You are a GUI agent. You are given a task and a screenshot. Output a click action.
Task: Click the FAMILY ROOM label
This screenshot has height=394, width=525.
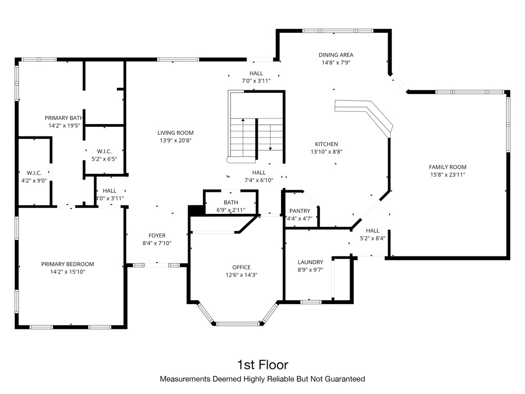(x=448, y=167)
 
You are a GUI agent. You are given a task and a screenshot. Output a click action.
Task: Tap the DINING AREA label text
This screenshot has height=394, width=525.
(x=336, y=55)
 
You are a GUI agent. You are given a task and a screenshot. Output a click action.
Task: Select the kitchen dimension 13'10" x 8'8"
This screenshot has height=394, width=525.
(x=326, y=152)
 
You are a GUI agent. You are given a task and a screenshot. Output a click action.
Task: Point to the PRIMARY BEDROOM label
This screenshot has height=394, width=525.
(x=68, y=264)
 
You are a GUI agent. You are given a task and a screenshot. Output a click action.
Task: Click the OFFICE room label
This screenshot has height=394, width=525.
(x=241, y=267)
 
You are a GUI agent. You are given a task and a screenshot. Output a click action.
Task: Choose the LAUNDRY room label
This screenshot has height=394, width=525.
(x=310, y=262)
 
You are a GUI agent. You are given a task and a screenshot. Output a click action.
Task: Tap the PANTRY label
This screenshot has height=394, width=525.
(x=300, y=211)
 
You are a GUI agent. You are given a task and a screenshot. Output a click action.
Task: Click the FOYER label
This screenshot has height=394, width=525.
(x=157, y=235)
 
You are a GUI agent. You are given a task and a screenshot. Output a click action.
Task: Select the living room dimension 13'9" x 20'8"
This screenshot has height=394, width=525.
(x=175, y=140)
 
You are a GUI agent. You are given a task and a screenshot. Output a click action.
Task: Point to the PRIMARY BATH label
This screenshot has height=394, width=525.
(x=64, y=117)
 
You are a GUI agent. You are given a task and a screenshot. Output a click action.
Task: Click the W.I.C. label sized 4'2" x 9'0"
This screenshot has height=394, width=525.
(x=34, y=173)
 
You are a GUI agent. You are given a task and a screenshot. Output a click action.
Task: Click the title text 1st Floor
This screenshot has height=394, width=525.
(x=262, y=365)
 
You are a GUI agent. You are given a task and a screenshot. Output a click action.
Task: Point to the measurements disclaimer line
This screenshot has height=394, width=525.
(x=262, y=379)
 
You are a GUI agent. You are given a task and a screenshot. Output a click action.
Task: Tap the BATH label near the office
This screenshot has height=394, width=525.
(x=231, y=203)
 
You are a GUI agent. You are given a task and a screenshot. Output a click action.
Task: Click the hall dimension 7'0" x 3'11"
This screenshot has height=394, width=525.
(x=256, y=81)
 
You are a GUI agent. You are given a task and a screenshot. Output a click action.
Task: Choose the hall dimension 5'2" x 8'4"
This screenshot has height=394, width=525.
(x=372, y=238)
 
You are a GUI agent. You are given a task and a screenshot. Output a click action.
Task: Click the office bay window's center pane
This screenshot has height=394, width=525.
(x=237, y=324)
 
